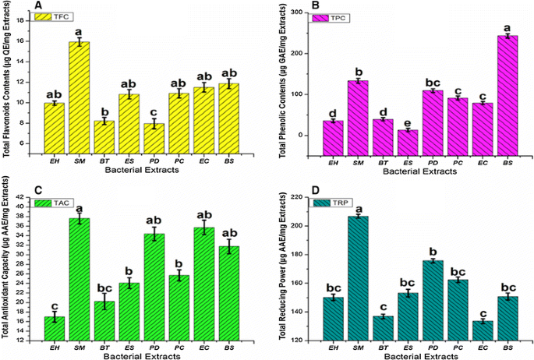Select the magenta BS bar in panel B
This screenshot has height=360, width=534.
coord(507,94)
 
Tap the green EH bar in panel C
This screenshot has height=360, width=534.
coord(54,329)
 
